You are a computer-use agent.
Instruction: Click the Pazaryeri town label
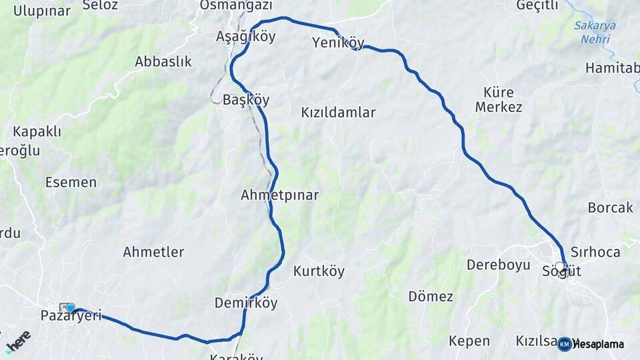[71, 316]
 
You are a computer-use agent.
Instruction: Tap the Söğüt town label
[561, 271]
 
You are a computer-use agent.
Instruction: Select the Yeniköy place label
[338, 44]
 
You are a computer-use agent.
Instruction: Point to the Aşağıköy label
[245, 37]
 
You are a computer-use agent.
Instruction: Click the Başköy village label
[246, 100]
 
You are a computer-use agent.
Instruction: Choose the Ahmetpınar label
[279, 195]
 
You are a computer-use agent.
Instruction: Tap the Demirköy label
[246, 303]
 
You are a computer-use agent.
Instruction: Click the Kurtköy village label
[319, 271]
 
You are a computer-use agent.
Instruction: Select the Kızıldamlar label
[338, 113]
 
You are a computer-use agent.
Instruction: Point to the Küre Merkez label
[498, 99]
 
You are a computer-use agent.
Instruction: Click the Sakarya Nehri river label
[595, 33]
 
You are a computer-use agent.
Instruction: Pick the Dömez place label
[431, 297]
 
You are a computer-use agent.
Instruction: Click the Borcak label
[610, 208]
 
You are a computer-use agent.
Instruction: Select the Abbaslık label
[163, 62]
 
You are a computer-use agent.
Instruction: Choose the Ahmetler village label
[153, 252]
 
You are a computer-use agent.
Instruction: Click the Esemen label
[71, 182]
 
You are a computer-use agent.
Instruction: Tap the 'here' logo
[18, 341]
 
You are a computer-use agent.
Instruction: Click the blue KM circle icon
[565, 344]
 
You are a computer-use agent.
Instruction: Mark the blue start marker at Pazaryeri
[71, 307]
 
